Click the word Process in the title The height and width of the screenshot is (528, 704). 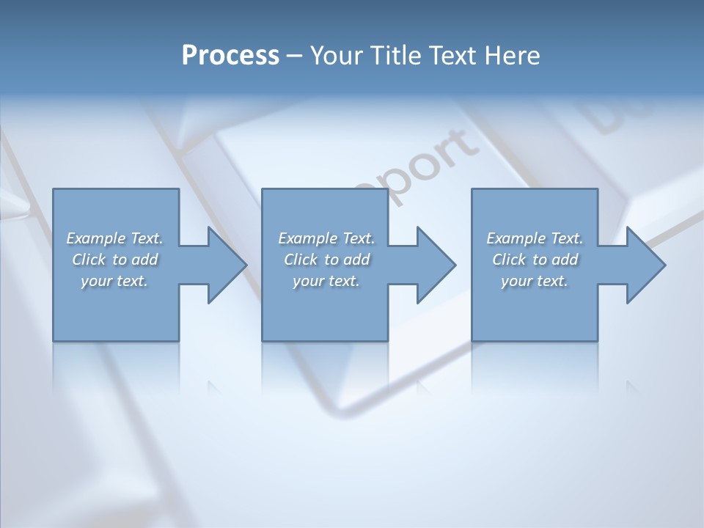pos(230,56)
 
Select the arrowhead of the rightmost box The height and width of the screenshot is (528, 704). pos(645,265)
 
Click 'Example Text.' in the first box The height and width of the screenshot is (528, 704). pos(114,238)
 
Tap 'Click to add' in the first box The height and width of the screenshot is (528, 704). pos(114,260)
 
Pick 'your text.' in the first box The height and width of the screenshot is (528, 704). pos(114,281)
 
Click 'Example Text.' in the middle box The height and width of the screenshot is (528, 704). pos(326,238)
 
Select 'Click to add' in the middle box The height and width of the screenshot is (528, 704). pos(326,260)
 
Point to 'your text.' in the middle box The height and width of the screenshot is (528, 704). pos(326,281)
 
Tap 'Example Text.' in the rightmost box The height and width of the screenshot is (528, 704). pos(535,238)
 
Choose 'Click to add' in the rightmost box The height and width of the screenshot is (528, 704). pos(535,260)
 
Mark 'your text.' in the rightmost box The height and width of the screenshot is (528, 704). pos(535,281)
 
